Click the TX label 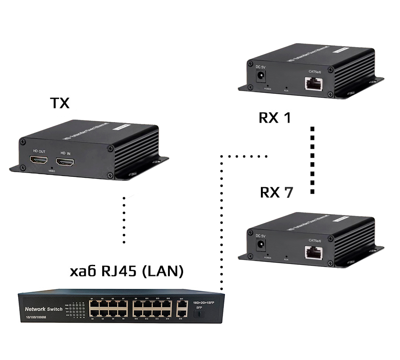point(60,103)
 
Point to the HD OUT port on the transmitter point(36,160)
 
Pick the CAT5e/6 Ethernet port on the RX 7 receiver point(314,252)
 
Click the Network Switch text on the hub point(44,309)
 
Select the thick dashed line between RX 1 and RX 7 point(312,160)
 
